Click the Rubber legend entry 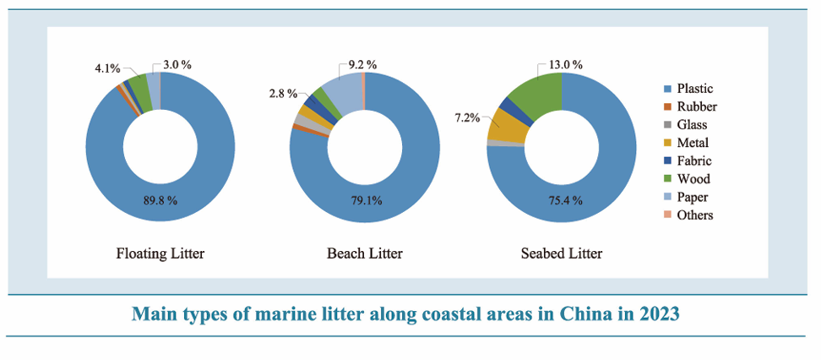point(696,106)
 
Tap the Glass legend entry point(693,125)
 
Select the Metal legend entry point(693,143)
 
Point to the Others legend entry point(694,215)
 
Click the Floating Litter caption point(160,253)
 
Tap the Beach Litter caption point(364,253)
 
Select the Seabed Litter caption point(562,253)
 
